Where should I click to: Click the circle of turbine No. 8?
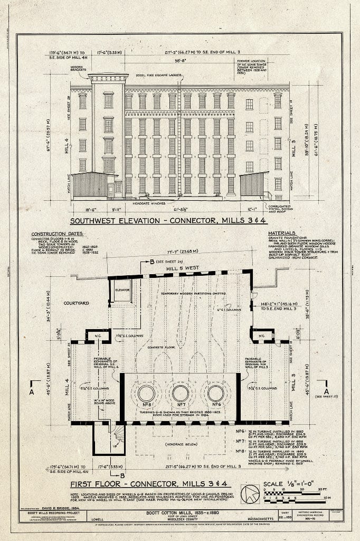click(x=146, y=393)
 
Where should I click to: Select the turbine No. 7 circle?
click(x=181, y=393)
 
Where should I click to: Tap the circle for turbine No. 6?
click(x=215, y=393)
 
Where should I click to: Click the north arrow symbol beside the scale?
click(x=250, y=494)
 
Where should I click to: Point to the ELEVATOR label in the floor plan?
click(x=123, y=290)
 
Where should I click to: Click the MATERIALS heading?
click(x=282, y=232)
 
